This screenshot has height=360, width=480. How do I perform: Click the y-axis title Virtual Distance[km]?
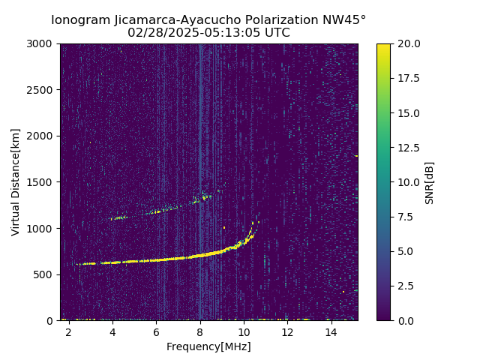click(16, 181)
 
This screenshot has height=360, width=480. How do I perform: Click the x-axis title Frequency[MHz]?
click(208, 346)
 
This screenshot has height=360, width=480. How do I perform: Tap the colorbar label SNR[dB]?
click(430, 182)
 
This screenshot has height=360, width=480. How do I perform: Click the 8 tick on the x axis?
click(200, 331)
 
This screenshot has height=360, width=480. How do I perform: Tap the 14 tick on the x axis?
click(331, 331)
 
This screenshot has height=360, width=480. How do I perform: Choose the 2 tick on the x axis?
click(69, 331)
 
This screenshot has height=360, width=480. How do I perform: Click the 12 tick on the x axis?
click(287, 331)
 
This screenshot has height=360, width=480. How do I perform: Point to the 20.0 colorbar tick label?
click(408, 43)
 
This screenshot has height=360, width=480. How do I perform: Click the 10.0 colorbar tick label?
click(408, 182)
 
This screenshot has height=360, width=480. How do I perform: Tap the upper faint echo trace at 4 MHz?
click(113, 218)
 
